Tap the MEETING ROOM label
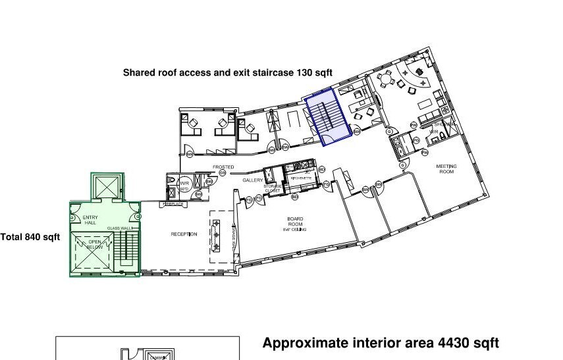coord(446,169)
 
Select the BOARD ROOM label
coord(295,222)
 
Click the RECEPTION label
coord(184,234)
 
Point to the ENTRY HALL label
coord(90,220)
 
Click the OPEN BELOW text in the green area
coord(95,244)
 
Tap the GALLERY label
coord(253,180)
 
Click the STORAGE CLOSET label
coord(273,188)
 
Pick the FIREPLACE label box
coord(173,204)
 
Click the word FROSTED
coord(223,167)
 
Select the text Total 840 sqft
coord(30,237)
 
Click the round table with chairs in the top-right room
coord(387,81)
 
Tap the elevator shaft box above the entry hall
coord(107,186)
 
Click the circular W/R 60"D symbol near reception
coord(184,185)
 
